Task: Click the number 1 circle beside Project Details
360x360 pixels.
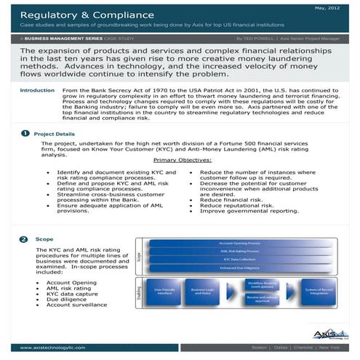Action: (25, 134)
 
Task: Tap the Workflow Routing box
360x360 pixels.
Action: (261, 284)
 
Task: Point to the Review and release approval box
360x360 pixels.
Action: (261, 299)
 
